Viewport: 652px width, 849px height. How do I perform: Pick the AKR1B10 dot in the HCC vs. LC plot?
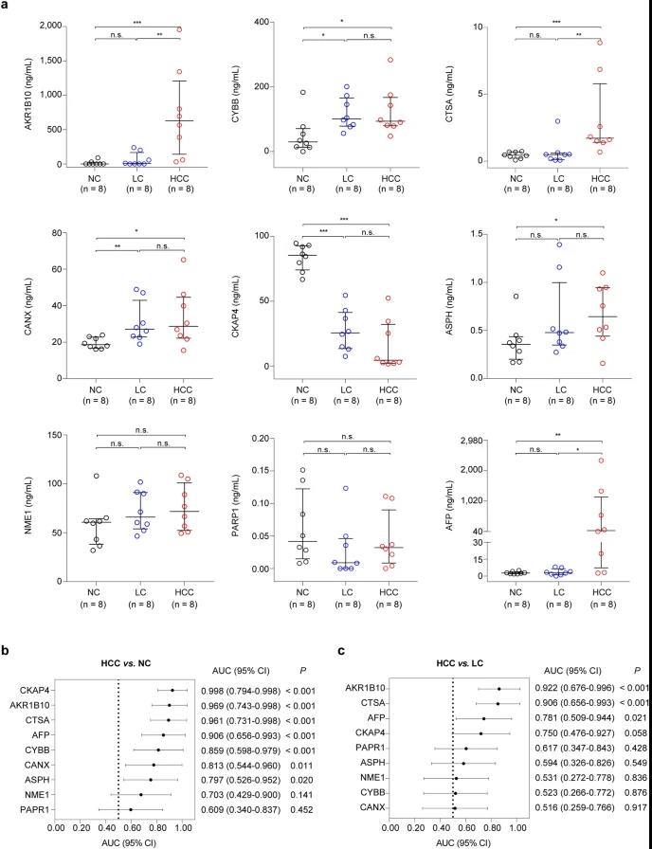(498, 689)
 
